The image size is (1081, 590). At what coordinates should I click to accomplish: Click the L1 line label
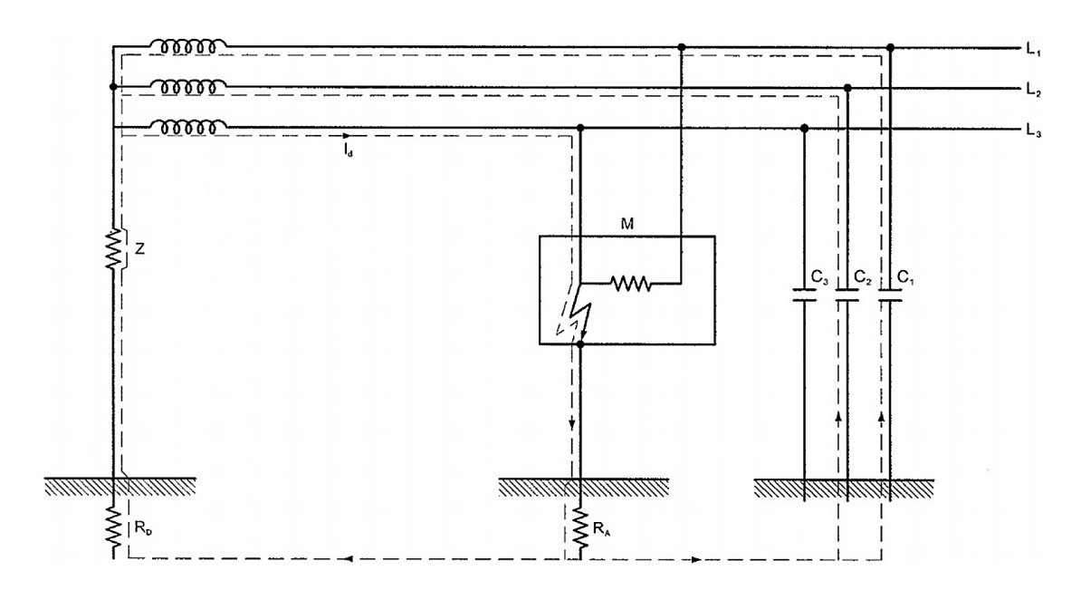[1033, 51]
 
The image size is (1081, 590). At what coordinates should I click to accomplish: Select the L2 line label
[1033, 92]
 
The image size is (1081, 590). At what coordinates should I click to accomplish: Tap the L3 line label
[1033, 133]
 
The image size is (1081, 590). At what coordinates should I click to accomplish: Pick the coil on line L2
[187, 86]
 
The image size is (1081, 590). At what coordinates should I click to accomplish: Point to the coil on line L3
[187, 128]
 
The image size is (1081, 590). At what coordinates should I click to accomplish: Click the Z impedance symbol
[114, 248]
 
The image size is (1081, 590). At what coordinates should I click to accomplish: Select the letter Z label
[138, 247]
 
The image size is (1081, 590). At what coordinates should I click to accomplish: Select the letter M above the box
[625, 221]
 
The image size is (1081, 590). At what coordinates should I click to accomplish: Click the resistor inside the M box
[630, 284]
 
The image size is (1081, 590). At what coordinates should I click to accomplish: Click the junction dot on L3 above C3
[805, 129]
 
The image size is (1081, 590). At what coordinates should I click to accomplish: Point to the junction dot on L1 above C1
[890, 46]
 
